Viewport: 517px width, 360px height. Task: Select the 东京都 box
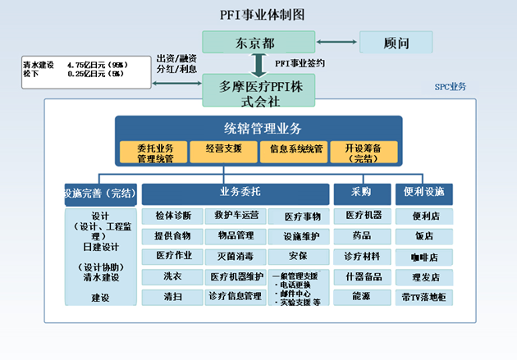[258, 43]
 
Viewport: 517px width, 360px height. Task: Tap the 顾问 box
[396, 43]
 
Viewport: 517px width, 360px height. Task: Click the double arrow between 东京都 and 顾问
[336, 43]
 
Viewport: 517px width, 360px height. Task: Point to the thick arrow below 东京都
[258, 64]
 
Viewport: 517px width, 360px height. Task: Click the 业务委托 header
[234, 193]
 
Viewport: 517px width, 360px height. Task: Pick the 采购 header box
[361, 193]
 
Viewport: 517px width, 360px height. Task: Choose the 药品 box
[361, 236]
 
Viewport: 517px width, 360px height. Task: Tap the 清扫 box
[172, 296]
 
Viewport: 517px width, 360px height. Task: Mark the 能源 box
[361, 296]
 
